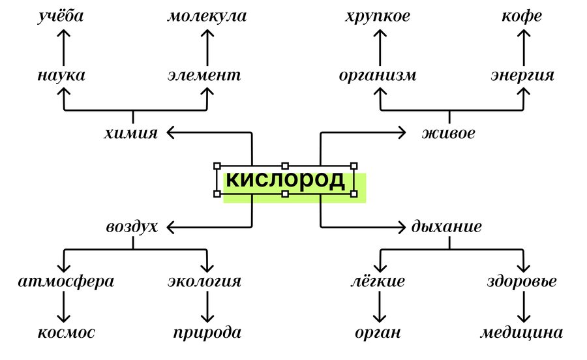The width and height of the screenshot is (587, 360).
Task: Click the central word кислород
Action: click(286, 180)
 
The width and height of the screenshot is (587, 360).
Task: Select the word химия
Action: click(130, 134)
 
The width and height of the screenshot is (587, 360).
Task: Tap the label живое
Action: click(448, 134)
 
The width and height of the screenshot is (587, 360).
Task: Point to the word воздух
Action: click(132, 227)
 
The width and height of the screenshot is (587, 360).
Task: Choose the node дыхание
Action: click(447, 227)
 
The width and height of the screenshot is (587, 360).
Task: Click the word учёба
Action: click(61, 16)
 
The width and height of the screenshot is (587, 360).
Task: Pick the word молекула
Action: click(207, 16)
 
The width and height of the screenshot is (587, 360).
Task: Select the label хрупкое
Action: click(378, 16)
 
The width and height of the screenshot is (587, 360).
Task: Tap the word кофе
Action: click(522, 16)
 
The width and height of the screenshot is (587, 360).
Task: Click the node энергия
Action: click(522, 75)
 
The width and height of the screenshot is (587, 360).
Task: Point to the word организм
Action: click(378, 75)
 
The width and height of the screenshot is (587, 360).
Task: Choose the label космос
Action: click(65, 333)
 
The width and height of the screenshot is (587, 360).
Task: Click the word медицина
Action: click(521, 333)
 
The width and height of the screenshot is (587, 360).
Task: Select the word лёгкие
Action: click(378, 282)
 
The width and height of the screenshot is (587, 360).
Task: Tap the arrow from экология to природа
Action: click(207, 307)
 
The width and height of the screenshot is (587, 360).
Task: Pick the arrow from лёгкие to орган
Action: click(379, 307)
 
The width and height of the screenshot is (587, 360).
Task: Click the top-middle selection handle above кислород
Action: click(285, 166)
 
